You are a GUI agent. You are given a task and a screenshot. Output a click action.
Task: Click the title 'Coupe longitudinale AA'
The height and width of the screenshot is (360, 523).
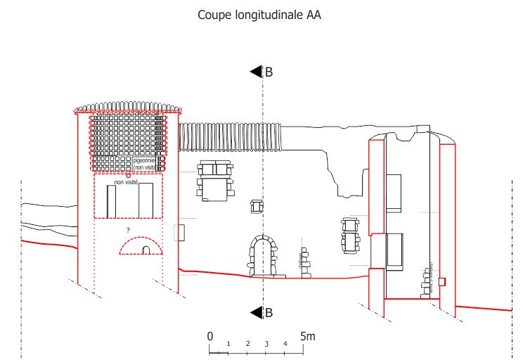click(x=259, y=15)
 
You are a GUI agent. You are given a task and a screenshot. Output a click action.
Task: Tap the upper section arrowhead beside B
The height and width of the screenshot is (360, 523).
click(x=256, y=72)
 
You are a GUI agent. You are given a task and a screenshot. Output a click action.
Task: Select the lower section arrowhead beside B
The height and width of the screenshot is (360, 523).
click(x=256, y=313)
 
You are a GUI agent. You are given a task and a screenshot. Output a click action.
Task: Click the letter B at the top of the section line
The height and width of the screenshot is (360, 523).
click(x=269, y=72)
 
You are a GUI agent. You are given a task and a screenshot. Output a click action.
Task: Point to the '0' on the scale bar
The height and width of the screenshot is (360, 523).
click(x=209, y=336)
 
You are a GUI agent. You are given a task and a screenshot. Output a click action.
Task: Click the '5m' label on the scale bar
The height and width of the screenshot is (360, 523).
click(x=307, y=336)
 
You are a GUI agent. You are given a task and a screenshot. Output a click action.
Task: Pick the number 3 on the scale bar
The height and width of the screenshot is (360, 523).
click(x=266, y=344)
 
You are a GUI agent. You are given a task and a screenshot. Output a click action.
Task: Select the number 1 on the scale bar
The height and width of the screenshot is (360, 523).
click(x=228, y=343)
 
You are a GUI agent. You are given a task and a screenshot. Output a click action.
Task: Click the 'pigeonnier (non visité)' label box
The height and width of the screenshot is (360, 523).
click(x=144, y=164)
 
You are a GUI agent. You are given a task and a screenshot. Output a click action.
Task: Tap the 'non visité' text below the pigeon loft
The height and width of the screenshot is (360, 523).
click(x=126, y=182)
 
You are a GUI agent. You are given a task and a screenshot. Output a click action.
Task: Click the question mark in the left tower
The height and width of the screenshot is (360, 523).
click(x=128, y=230)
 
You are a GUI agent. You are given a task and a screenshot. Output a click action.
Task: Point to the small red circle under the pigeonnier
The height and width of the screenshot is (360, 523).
click(x=129, y=175)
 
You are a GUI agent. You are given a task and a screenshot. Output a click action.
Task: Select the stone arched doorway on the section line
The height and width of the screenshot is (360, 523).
click(x=263, y=256)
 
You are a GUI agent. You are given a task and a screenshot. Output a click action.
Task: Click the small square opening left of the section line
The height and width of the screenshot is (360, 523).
click(x=256, y=206)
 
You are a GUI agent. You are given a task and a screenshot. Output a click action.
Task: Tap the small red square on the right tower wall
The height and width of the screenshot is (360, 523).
click(x=441, y=281)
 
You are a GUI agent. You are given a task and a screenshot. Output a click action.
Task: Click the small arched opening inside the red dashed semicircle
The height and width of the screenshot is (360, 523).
click(x=146, y=250)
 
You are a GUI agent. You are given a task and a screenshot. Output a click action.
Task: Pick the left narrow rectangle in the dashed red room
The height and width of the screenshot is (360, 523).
click(x=111, y=202)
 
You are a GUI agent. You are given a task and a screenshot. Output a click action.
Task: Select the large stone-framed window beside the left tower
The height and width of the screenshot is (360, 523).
click(x=216, y=181)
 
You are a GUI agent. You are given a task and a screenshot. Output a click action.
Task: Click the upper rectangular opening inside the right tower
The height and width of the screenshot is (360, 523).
click(x=394, y=193)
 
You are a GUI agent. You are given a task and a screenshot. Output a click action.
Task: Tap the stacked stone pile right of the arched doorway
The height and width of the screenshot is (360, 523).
click(x=305, y=262)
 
